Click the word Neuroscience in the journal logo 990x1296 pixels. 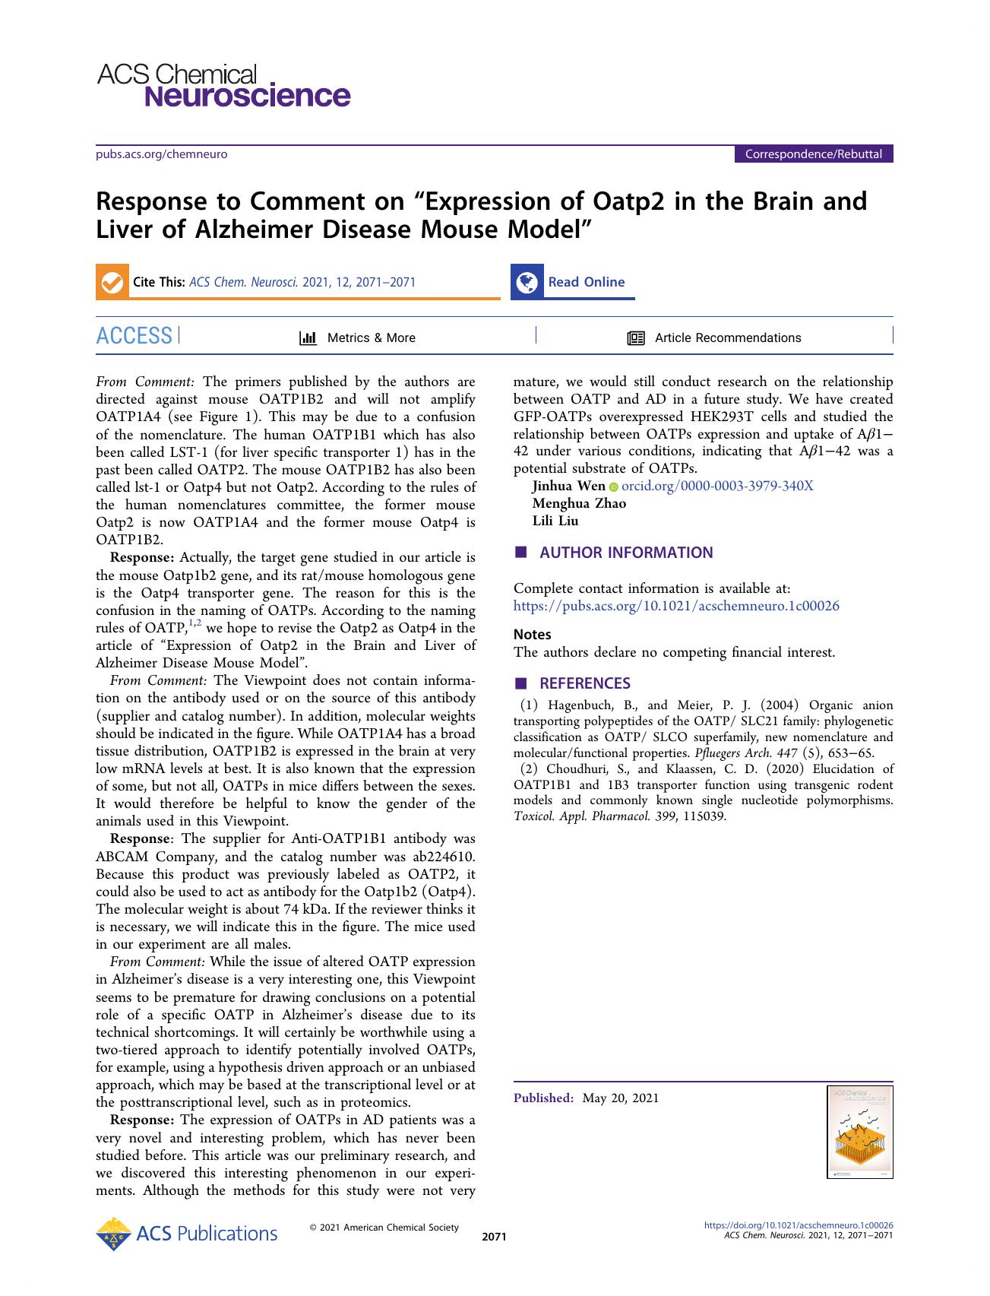pyautogui.click(x=247, y=97)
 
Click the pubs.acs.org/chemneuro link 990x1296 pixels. pyautogui.click(x=161, y=154)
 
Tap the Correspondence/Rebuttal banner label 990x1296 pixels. pyautogui.click(x=813, y=154)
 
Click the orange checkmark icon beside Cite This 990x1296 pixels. pyautogui.click(x=112, y=282)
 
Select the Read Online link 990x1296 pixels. pyautogui.click(x=586, y=282)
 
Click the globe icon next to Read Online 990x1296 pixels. pyautogui.click(x=527, y=282)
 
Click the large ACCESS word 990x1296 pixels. pyautogui.click(x=134, y=336)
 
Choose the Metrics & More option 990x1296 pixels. pyautogui.click(x=370, y=338)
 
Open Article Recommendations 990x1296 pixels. pyautogui.click(x=727, y=338)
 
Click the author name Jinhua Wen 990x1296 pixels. pyautogui.click(x=568, y=486)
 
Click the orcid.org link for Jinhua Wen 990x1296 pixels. pyautogui.click(x=716, y=486)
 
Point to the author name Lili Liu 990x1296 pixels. pyautogui.click(x=555, y=521)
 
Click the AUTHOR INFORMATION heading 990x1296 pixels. pyautogui.click(x=625, y=553)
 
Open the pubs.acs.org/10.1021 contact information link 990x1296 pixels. pyautogui.click(x=676, y=606)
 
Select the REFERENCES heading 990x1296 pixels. pyautogui.click(x=584, y=683)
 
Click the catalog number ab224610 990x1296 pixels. pyautogui.click(x=442, y=857)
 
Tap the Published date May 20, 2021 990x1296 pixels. pyautogui.click(x=620, y=1098)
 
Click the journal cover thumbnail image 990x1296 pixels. pyautogui.click(x=859, y=1132)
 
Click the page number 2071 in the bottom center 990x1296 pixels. pyautogui.click(x=494, y=1237)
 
